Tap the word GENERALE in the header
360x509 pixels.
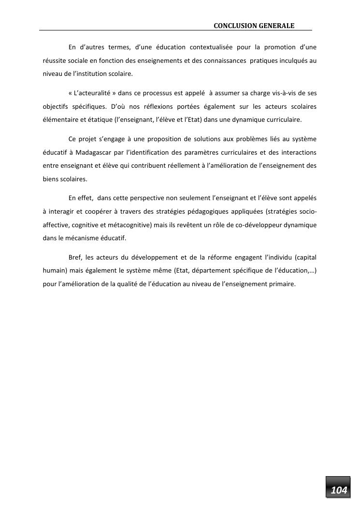point(275,25)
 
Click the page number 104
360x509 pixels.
point(339,491)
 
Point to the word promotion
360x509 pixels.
point(282,47)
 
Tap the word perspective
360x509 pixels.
point(153,197)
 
